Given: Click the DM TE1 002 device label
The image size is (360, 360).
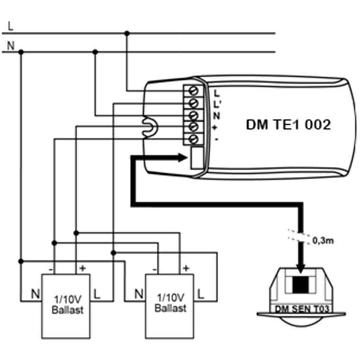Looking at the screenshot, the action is click(288, 125).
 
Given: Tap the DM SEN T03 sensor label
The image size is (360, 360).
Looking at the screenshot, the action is click(302, 309).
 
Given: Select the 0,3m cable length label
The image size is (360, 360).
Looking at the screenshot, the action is click(323, 241).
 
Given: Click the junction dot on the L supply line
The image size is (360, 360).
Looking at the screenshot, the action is click(127, 33).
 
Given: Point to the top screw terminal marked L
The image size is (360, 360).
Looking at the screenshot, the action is click(193, 91).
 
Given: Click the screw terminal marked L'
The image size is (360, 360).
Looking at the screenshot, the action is click(193, 103).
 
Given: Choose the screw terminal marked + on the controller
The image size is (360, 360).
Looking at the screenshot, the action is click(193, 127).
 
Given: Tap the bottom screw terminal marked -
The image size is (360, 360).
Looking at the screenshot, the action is click(193, 139).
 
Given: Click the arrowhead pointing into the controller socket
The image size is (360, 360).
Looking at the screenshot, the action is click(182, 158).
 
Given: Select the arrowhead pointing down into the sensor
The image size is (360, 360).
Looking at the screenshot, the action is click(300, 268).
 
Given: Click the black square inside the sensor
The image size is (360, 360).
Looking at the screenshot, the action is click(300, 285).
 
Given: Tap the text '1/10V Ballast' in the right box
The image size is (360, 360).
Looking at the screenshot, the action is click(171, 303).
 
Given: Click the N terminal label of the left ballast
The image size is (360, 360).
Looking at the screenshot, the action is click(36, 294).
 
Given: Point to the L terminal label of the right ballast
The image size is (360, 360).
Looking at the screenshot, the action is click(201, 294).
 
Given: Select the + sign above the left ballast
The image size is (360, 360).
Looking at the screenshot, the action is click(82, 268).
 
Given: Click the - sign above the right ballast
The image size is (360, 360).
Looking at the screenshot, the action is click(154, 269).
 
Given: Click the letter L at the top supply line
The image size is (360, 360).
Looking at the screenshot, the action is click(10, 26).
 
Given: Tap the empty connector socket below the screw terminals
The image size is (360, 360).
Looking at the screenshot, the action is click(197, 158).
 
